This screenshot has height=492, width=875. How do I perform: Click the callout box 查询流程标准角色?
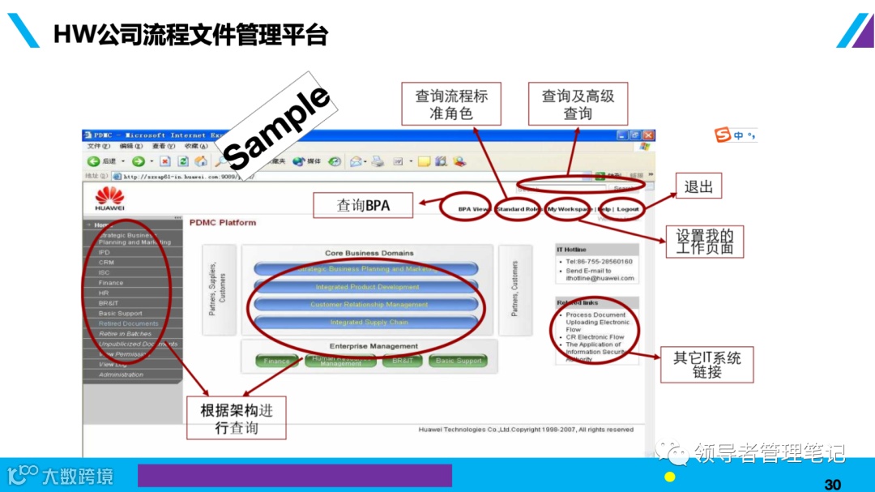click(451, 104)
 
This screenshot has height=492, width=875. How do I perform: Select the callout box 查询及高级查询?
click(578, 104)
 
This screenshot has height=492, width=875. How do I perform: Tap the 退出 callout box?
click(698, 186)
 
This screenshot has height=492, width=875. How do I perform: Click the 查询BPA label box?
click(363, 206)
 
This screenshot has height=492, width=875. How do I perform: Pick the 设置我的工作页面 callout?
click(704, 242)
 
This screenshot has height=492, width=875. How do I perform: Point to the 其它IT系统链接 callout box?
click(706, 365)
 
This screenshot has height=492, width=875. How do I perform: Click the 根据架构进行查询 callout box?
click(237, 418)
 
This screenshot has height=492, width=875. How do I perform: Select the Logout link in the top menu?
click(627, 209)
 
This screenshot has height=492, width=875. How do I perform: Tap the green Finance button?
click(277, 361)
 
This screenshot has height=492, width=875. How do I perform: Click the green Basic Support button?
click(459, 361)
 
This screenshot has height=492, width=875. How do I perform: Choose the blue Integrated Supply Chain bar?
click(369, 323)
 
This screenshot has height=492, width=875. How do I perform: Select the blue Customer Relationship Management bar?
click(369, 305)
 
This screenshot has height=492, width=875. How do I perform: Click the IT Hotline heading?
click(571, 250)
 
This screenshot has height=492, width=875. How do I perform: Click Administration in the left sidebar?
click(121, 374)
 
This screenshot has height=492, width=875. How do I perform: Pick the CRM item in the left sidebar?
click(106, 263)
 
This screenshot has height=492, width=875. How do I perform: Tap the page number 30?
click(832, 484)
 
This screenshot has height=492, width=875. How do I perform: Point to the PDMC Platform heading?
click(223, 222)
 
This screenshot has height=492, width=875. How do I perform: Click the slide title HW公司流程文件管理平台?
click(190, 35)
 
